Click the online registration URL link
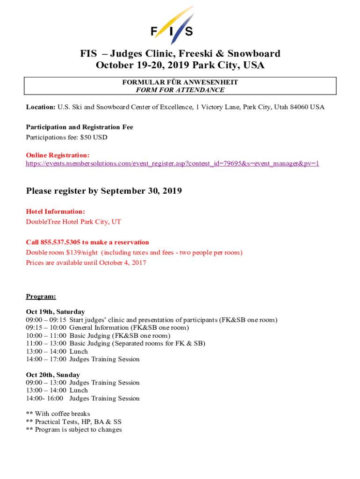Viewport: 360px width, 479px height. click(173, 164)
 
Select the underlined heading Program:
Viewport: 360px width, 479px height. click(41, 297)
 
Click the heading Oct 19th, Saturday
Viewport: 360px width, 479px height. click(55, 312)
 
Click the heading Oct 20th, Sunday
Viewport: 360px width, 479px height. click(53, 375)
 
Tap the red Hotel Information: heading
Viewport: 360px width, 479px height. click(55, 212)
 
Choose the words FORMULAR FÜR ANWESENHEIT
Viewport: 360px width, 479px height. click(180, 82)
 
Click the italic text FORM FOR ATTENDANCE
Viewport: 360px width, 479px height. click(180, 90)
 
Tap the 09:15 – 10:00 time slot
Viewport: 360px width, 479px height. click(46, 327)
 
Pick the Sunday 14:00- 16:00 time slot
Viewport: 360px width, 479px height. click(46, 399)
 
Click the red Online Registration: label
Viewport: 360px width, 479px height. click(58, 155)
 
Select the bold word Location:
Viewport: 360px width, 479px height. click(41, 107)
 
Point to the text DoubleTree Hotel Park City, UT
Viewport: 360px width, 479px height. click(73, 222)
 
